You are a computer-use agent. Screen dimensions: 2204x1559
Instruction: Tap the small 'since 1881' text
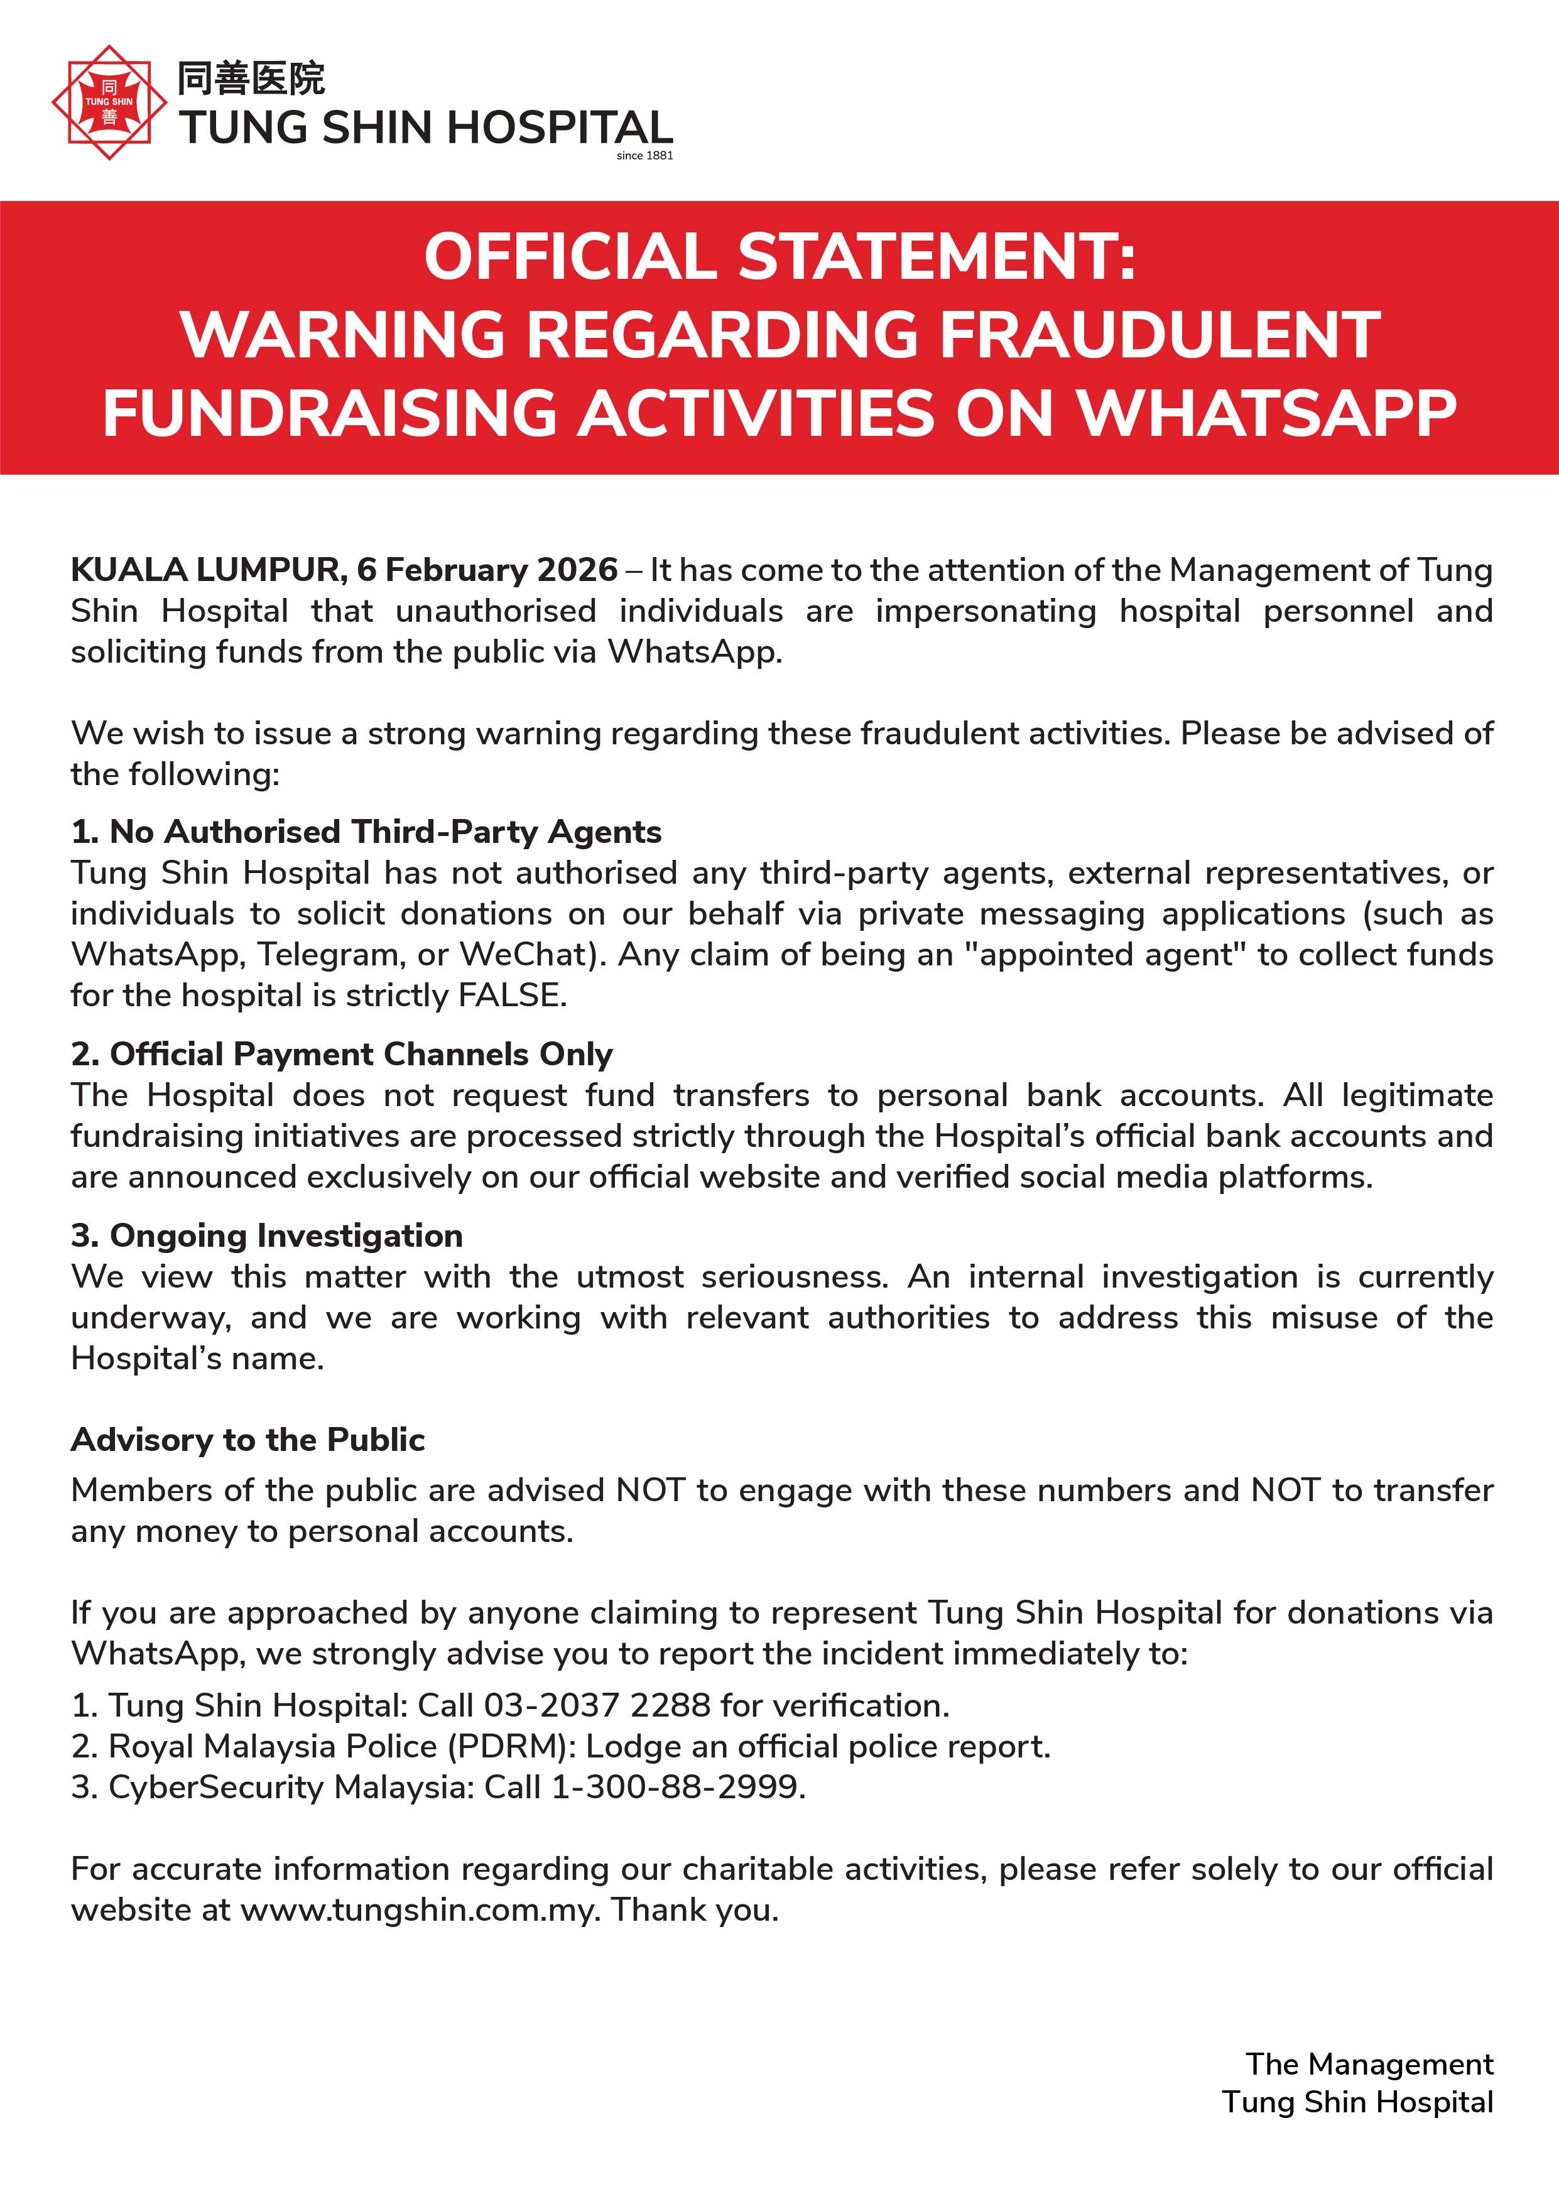click(x=644, y=156)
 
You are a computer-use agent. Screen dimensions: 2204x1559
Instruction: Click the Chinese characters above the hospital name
click(x=251, y=79)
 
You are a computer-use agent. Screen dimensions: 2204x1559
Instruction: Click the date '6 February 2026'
click(x=487, y=570)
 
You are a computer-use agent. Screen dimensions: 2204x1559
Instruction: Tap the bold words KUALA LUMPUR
click(x=207, y=570)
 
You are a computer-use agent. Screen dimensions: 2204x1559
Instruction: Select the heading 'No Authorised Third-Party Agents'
click(x=385, y=832)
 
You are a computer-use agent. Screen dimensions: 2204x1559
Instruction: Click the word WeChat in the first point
click(x=523, y=954)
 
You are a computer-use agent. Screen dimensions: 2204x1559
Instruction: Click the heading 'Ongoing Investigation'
click(x=286, y=1235)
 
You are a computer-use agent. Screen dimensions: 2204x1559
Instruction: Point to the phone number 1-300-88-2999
click(x=675, y=1788)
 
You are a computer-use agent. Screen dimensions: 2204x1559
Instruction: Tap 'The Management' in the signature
click(x=1369, y=2064)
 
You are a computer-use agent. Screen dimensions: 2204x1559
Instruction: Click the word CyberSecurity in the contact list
click(x=216, y=1788)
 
